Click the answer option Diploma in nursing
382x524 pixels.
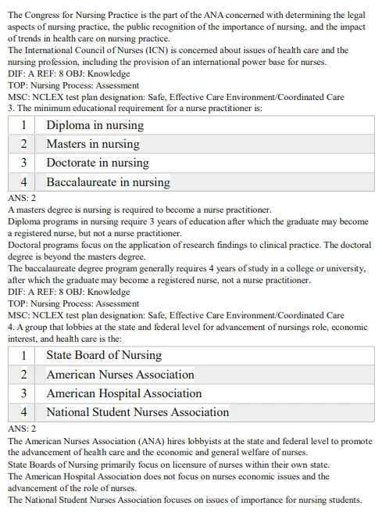pyautogui.click(x=95, y=125)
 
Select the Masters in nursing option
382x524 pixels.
pyautogui.click(x=92, y=144)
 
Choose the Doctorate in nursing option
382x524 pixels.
pyautogui.click(x=97, y=163)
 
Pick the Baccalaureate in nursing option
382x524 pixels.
pyautogui.click(x=108, y=182)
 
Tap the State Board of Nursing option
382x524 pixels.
pyautogui.click(x=103, y=355)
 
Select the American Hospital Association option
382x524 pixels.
pyautogui.click(x=123, y=393)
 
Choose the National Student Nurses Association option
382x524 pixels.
pyautogui.click(x=137, y=412)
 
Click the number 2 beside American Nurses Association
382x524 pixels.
pyautogui.click(x=23, y=375)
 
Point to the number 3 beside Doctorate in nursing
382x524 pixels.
pyautogui.click(x=23, y=163)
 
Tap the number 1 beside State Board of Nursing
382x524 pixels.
pyautogui.click(x=23, y=355)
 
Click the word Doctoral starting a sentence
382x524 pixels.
pyautogui.click(x=25, y=245)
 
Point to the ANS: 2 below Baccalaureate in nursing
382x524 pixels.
pyautogui.click(x=22, y=199)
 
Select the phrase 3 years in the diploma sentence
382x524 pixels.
pyautogui.click(x=160, y=221)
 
